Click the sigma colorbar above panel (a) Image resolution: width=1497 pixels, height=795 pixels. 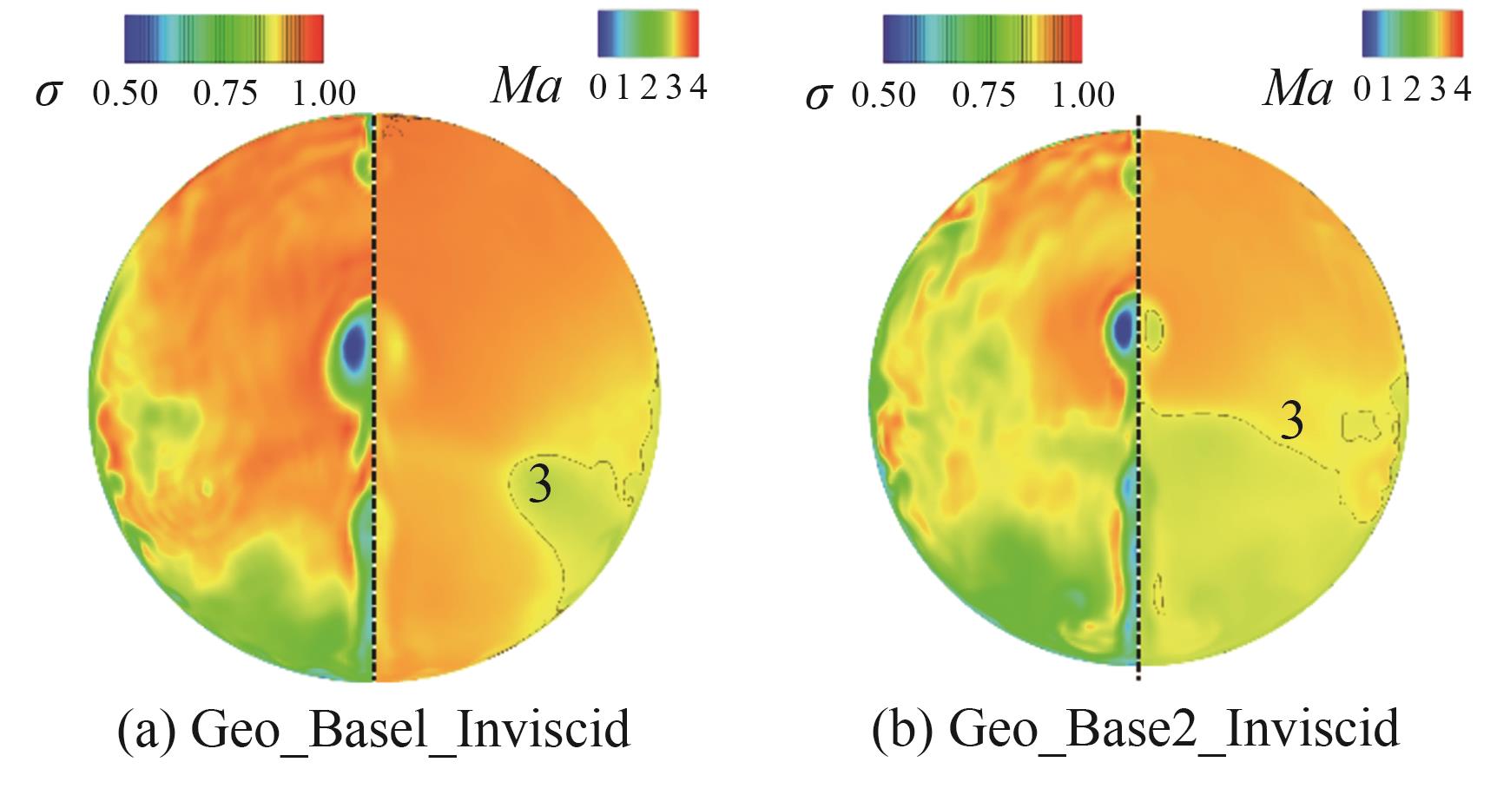click(224, 38)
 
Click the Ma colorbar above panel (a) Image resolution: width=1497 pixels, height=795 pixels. click(648, 35)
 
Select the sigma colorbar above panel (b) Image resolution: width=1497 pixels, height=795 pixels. click(982, 39)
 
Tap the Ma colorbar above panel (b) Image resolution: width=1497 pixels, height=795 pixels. click(1413, 35)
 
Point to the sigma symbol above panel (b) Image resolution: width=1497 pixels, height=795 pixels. click(817, 94)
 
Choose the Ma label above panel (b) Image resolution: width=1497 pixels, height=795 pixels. click(1297, 89)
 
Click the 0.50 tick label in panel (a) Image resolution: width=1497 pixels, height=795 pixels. click(126, 92)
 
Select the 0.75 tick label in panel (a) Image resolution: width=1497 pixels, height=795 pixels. click(226, 92)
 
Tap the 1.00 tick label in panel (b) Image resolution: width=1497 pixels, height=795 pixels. click(1083, 93)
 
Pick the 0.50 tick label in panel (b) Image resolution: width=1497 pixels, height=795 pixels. click(883, 93)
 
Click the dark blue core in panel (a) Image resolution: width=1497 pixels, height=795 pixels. click(354, 348)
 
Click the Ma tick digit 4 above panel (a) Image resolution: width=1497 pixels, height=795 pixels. click(698, 88)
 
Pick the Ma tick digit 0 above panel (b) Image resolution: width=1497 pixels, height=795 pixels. click(1362, 88)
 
